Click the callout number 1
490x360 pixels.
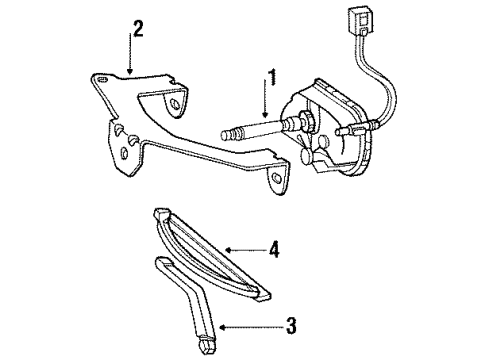pos(273,77)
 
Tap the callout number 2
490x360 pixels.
pos(138,29)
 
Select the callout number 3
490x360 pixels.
pos(291,326)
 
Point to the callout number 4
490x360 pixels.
pos(274,249)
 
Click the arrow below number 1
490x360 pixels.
pos(265,99)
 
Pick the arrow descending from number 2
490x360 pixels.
pos(130,53)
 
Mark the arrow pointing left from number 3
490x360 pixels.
pos(251,328)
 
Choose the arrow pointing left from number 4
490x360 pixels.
pos(246,250)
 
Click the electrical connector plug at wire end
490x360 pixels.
pos(359,20)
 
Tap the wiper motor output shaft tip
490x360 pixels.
pos(225,136)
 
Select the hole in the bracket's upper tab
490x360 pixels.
pos(174,104)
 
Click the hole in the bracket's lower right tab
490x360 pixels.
pos(276,178)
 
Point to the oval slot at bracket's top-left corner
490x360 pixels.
pos(103,79)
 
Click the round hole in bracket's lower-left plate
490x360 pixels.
pos(124,153)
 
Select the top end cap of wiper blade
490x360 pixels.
pos(162,213)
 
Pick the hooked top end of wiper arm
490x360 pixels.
pos(164,262)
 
